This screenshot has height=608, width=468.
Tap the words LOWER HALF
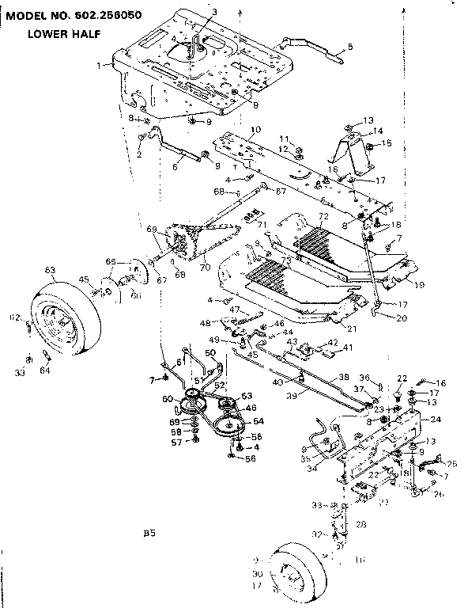pyautogui.click(x=63, y=34)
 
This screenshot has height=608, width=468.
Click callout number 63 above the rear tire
pyautogui.click(x=50, y=271)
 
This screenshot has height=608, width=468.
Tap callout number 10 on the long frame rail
pyautogui.click(x=255, y=129)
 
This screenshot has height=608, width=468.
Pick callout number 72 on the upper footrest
pyautogui.click(x=323, y=216)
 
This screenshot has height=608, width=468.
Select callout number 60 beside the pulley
pyautogui.click(x=168, y=398)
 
